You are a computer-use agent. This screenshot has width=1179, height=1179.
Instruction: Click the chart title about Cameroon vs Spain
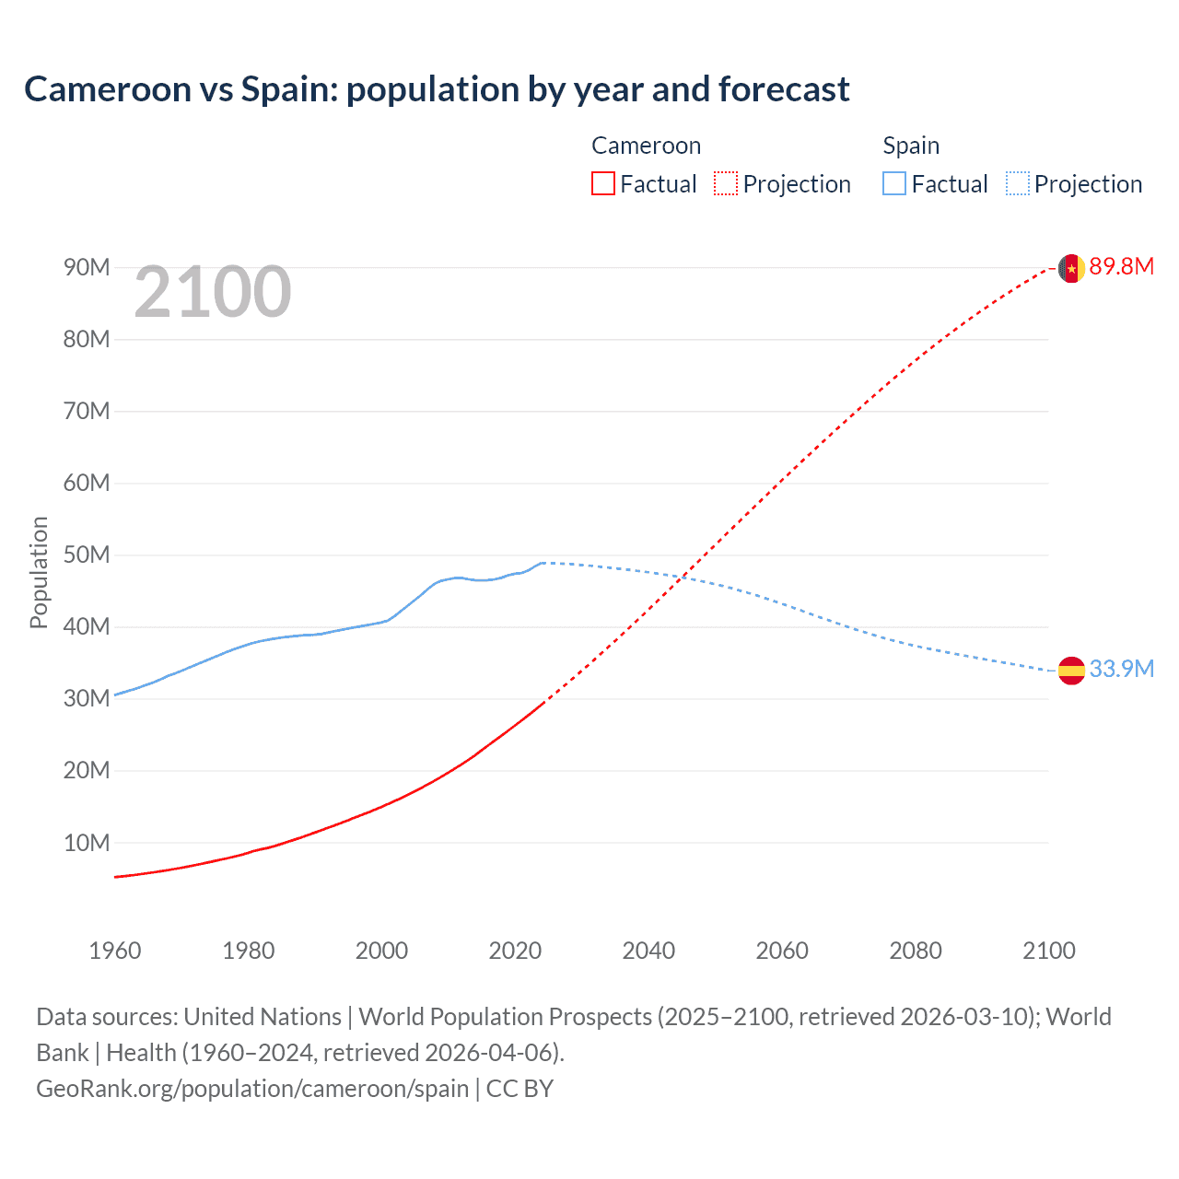click(437, 89)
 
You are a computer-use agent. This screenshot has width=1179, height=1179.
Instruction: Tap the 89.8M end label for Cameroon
click(1121, 267)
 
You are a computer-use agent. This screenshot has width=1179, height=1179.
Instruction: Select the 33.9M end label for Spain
click(1121, 669)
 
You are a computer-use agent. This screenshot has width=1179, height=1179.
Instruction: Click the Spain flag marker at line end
click(1071, 671)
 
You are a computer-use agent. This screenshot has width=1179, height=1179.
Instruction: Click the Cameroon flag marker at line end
click(1071, 268)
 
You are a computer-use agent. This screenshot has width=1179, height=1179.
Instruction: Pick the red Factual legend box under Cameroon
click(602, 183)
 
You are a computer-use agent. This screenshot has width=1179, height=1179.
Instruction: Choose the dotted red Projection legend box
click(726, 183)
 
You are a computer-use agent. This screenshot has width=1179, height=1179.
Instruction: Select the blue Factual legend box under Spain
click(893, 183)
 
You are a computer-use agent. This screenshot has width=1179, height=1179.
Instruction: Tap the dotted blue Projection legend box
click(1017, 183)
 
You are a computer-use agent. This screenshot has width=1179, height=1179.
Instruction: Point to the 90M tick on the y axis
click(87, 268)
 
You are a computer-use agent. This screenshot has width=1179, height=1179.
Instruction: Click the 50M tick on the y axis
click(87, 555)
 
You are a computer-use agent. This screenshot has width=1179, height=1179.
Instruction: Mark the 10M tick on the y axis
click(87, 843)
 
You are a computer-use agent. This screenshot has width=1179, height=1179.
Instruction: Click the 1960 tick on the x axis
click(115, 951)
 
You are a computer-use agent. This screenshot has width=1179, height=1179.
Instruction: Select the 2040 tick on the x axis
click(648, 951)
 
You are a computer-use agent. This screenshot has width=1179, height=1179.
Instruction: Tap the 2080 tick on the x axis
click(916, 951)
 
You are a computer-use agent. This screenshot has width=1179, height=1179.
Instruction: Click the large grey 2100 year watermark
click(213, 293)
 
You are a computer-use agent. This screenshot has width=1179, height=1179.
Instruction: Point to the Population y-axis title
click(39, 572)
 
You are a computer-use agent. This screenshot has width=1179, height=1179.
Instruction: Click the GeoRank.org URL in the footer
click(252, 1089)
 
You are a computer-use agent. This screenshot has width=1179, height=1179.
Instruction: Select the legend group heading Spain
click(911, 146)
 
